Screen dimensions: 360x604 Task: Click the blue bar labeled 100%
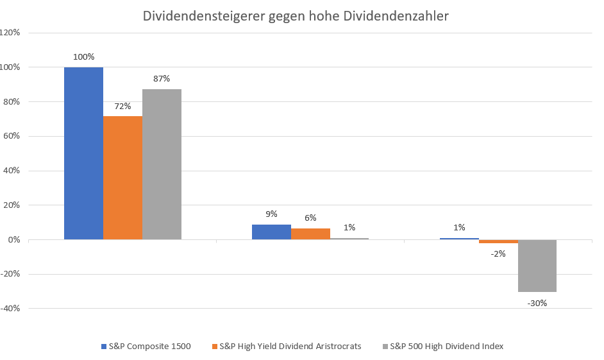83,153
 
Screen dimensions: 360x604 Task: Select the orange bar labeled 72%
122,178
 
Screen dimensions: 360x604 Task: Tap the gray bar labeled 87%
162,164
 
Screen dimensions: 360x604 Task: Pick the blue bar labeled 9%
271,232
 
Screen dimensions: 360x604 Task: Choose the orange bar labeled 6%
310,234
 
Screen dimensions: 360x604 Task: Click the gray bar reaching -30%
537,266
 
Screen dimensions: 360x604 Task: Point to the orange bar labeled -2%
498,241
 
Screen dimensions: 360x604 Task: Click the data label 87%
162,79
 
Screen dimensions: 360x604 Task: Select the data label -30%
537,303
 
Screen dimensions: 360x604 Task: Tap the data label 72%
122,106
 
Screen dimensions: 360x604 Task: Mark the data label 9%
271,214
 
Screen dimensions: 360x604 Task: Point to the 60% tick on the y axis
12,136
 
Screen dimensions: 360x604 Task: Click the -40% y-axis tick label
11,309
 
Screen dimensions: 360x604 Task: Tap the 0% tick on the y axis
15,240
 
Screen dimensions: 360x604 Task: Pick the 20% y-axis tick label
12,205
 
